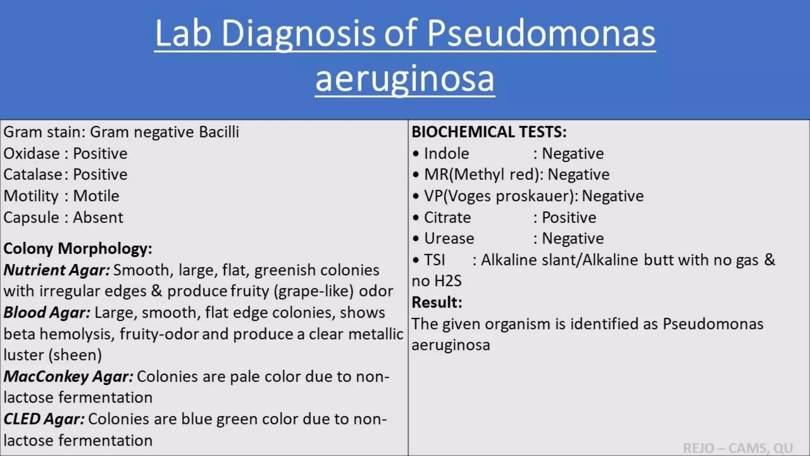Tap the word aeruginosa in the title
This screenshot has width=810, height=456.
tap(405, 78)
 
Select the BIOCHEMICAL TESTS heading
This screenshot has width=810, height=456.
tap(489, 132)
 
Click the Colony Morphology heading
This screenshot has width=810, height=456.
tap(78, 249)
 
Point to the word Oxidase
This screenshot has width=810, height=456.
tap(32, 154)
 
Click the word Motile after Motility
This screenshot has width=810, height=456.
tap(96, 196)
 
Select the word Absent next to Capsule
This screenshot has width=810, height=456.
tap(98, 217)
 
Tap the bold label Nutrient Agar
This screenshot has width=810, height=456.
tap(57, 270)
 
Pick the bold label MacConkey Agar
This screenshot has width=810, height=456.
tap(68, 376)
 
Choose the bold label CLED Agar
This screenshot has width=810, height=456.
tap(44, 419)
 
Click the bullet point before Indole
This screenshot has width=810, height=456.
tap(415, 154)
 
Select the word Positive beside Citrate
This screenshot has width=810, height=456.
tap(569, 217)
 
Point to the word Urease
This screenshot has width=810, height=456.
tap(449, 238)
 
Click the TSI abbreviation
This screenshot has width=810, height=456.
tap(434, 260)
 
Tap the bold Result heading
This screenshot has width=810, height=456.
tap(437, 302)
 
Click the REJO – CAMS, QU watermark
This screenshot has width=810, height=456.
tap(738, 448)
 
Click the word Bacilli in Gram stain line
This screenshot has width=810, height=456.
tap(219, 132)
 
